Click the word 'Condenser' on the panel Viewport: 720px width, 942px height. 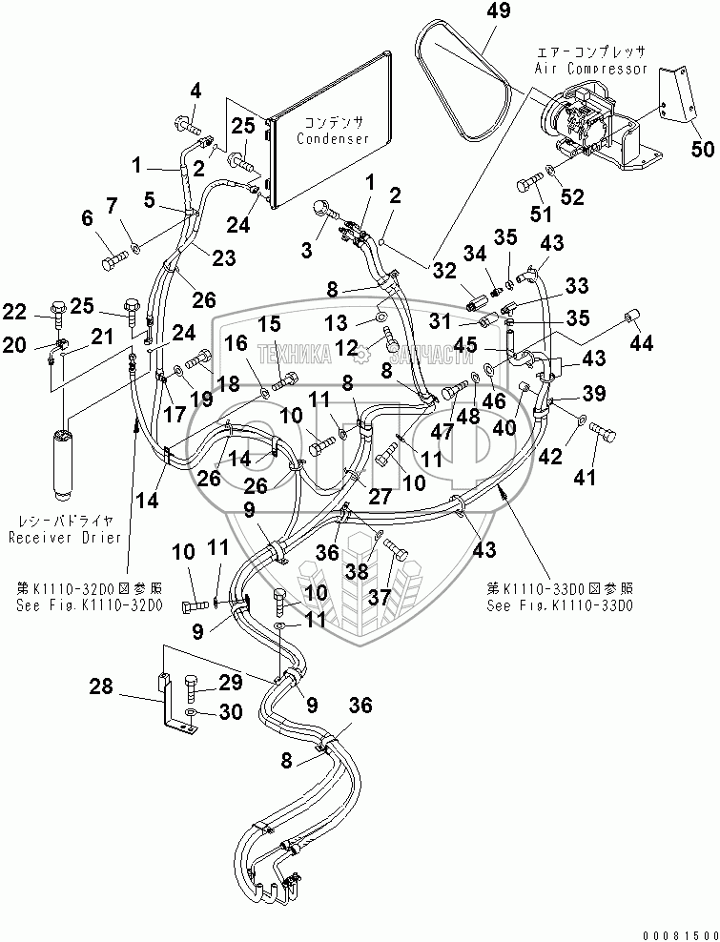(x=332, y=138)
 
